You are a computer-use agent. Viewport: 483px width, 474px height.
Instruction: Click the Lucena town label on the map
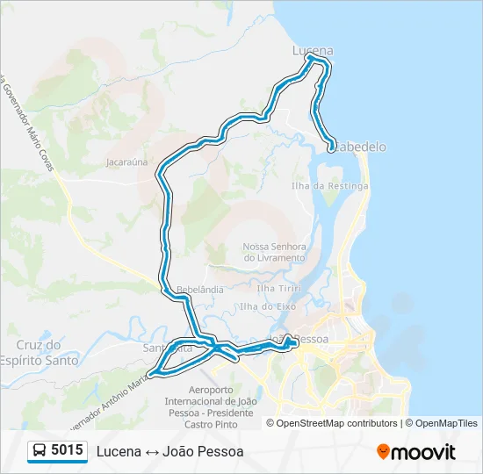tap(313, 51)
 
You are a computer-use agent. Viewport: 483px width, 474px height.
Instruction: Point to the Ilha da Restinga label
tap(330, 186)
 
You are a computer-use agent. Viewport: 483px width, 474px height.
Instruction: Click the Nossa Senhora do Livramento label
tap(274, 253)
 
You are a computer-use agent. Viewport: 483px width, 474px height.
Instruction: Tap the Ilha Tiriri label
tap(278, 288)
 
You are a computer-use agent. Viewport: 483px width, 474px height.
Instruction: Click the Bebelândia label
tap(200, 289)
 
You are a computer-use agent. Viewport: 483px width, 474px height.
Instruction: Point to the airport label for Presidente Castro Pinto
tap(210, 401)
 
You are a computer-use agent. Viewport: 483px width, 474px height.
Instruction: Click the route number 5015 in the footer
tap(68, 451)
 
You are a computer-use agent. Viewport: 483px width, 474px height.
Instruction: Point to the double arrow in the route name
tap(151, 452)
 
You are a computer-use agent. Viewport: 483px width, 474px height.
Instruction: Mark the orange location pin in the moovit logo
tap(384, 452)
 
